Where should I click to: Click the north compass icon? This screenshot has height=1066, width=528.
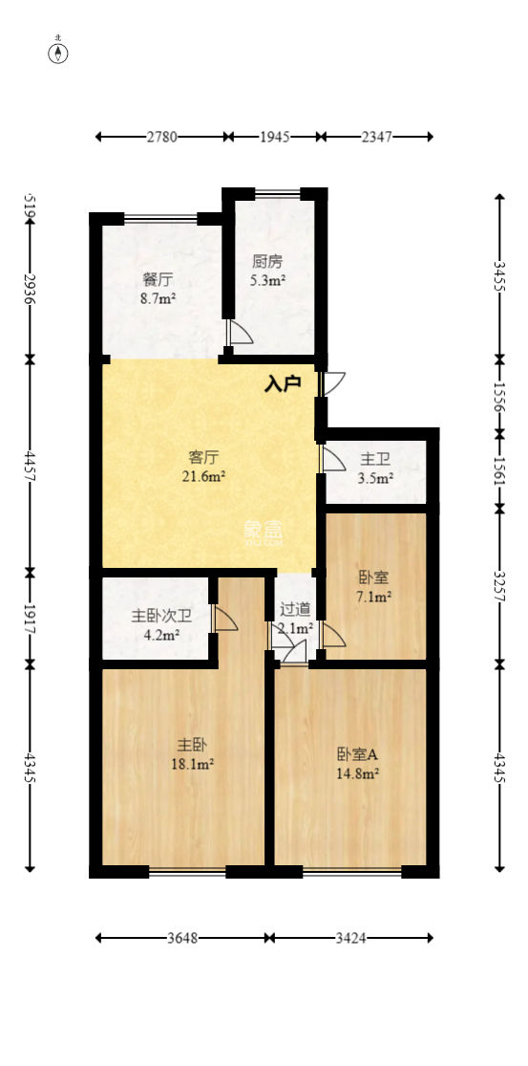click(59, 52)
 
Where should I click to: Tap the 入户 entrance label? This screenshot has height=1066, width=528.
click(283, 384)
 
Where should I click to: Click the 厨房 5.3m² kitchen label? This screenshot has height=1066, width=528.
click(267, 271)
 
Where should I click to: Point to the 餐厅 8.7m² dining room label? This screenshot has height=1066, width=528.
click(158, 289)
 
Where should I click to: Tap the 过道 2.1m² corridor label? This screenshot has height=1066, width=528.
click(294, 619)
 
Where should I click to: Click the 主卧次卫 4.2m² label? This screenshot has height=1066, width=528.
click(157, 626)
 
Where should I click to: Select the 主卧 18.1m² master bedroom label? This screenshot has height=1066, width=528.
click(194, 753)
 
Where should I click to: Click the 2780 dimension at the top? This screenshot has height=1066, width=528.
click(161, 138)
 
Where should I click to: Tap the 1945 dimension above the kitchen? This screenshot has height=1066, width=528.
click(275, 138)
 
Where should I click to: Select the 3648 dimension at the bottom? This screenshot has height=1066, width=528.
click(182, 939)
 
